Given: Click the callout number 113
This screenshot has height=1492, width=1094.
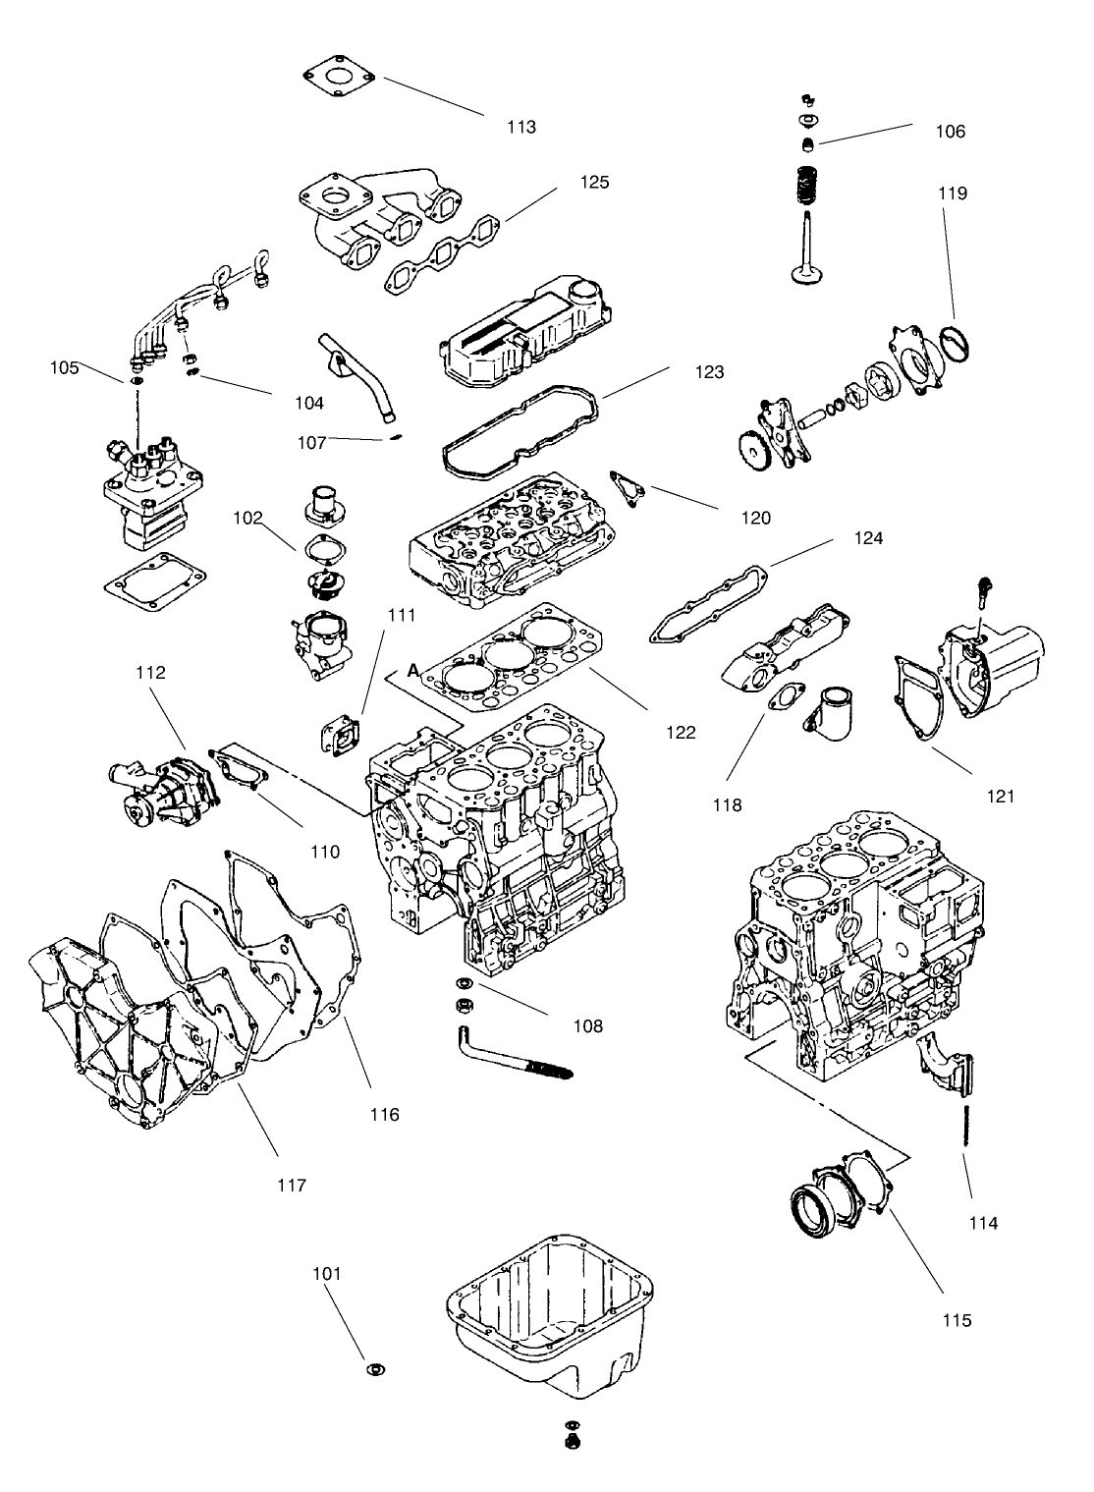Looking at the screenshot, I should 521,127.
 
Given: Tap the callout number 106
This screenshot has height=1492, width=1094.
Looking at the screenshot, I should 950,132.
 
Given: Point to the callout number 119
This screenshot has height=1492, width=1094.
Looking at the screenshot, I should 952,193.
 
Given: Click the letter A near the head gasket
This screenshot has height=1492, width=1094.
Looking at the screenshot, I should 413,670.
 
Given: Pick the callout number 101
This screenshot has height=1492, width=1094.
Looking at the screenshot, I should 327,1273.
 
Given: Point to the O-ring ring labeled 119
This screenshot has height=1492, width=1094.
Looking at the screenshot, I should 956,344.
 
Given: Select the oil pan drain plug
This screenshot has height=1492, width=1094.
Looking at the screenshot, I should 570,1442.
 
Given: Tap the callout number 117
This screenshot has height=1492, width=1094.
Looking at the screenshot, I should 292,1186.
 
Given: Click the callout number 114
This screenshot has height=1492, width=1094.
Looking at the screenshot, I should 982,1223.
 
